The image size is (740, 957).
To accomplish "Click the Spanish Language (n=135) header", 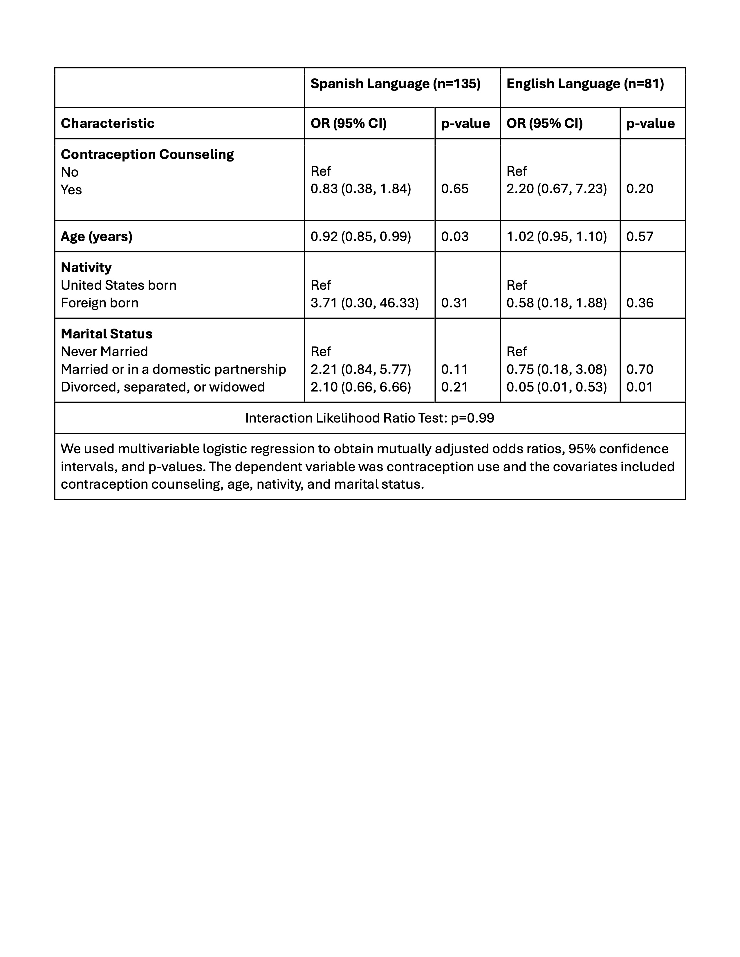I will coord(396,84).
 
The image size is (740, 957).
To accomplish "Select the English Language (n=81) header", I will coord(585,84).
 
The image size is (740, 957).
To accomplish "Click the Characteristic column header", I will coord(107,123).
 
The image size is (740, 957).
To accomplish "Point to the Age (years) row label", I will coord(96,237).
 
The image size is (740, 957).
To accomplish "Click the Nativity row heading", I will coord(86,267).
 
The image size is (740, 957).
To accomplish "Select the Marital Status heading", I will coord(107,334).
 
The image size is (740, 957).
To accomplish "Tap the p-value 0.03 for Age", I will coord(455,237).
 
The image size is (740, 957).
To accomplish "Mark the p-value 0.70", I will coord(640,369).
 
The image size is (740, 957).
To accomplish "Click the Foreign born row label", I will coord(100,303).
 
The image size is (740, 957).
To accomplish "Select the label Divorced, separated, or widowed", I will coord(163,387).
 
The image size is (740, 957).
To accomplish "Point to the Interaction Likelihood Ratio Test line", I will coord(369,418).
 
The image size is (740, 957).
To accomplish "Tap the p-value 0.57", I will coord(640,237).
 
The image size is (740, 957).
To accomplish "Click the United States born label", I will coord(118,285).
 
